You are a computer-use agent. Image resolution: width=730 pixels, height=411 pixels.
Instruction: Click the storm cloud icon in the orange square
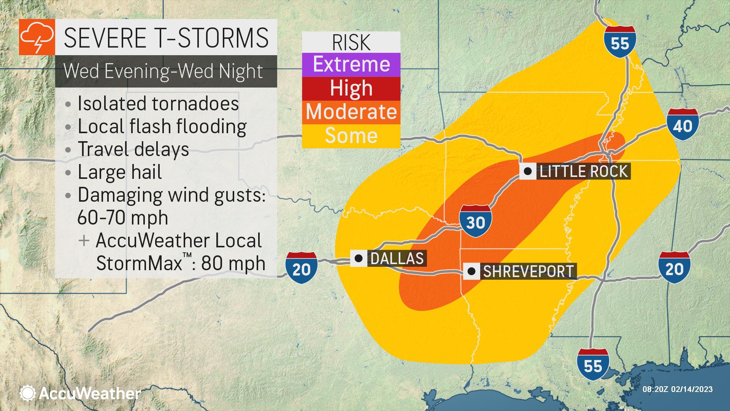pyautogui.click(x=37, y=37)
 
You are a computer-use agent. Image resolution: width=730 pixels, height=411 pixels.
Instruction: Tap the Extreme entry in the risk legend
pyautogui.click(x=351, y=64)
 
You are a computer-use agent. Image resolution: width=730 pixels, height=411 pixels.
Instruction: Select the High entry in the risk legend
pyautogui.click(x=351, y=88)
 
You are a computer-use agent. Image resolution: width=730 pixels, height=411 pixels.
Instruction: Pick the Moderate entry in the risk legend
pyautogui.click(x=351, y=112)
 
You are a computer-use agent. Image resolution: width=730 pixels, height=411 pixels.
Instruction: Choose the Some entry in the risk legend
pyautogui.click(x=351, y=136)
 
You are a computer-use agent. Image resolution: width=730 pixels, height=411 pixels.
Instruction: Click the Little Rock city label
pyautogui.click(x=583, y=172)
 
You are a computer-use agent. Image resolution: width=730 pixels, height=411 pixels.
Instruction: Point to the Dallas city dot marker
pyautogui.click(x=358, y=259)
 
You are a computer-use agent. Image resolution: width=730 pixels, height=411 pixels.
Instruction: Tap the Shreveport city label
pyautogui.click(x=528, y=272)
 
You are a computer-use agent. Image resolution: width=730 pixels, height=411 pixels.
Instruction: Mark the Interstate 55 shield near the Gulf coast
pyautogui.click(x=593, y=365)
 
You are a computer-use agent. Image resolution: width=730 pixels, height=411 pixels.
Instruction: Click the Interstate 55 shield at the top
pyautogui.click(x=620, y=42)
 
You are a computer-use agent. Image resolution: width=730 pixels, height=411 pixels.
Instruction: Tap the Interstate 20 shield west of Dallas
pyautogui.click(x=301, y=268)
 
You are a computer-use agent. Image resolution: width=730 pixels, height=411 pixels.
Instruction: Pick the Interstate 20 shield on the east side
pyautogui.click(x=674, y=267)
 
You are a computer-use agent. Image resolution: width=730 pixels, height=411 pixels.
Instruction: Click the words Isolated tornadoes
pyautogui.click(x=158, y=104)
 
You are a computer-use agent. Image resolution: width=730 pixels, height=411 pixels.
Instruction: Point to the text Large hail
pyautogui.click(x=120, y=172)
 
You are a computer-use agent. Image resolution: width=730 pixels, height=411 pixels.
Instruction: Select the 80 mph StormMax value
pyautogui.click(x=233, y=263)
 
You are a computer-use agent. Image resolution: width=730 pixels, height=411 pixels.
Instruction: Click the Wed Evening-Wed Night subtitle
pyautogui.click(x=163, y=71)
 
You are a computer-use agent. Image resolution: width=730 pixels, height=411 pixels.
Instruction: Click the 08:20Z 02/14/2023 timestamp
pyautogui.click(x=677, y=389)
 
